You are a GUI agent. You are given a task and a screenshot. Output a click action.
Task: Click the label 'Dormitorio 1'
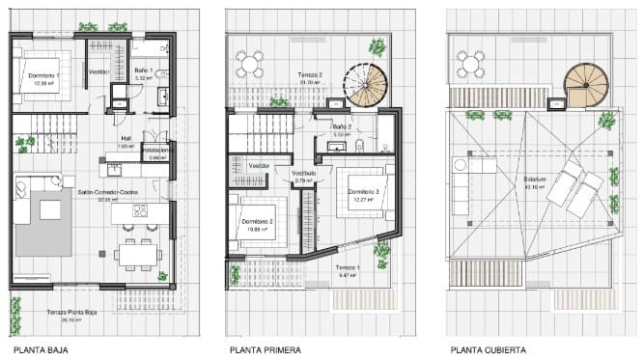click(45, 75)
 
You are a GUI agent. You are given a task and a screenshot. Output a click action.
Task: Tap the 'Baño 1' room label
click(143, 70)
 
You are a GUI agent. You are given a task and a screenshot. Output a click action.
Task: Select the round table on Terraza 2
click(251, 65)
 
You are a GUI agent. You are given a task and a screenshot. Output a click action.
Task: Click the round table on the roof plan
click(472, 65)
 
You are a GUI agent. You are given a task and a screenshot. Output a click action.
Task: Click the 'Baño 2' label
click(341, 126)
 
